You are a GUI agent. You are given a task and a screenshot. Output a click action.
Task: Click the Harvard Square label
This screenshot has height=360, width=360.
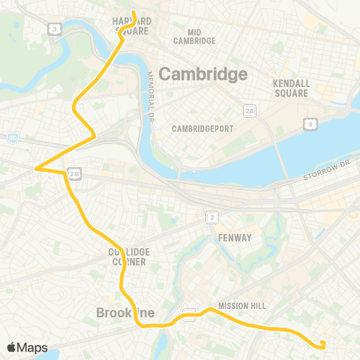click(x=131, y=25)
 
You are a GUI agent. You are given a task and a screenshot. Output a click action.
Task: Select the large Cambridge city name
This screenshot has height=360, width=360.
click(x=203, y=74)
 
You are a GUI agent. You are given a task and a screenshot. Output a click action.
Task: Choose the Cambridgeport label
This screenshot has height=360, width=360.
click(x=202, y=128)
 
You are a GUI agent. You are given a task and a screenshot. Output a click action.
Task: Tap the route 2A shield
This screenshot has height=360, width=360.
click(x=250, y=111)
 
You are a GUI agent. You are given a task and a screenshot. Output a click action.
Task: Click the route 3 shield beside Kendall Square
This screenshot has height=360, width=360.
click(x=310, y=123)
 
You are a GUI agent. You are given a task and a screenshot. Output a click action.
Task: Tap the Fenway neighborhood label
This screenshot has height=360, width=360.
click(x=235, y=238)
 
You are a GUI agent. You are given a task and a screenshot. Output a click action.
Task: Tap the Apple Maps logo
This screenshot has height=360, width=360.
click(x=27, y=347)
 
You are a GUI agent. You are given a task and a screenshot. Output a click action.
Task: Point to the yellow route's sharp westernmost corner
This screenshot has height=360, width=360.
click(x=35, y=169)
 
